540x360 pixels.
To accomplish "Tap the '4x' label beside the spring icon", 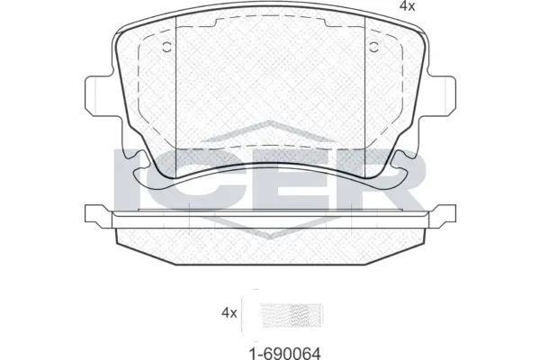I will point(229,313).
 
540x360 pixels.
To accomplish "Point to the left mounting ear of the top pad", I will point(96,94).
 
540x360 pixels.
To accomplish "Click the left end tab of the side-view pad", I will point(94,215).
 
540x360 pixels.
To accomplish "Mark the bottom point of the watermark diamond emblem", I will point(271,238).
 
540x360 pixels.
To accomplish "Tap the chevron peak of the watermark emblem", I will point(271,125).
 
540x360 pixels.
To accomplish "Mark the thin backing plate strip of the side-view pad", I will point(270,216).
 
